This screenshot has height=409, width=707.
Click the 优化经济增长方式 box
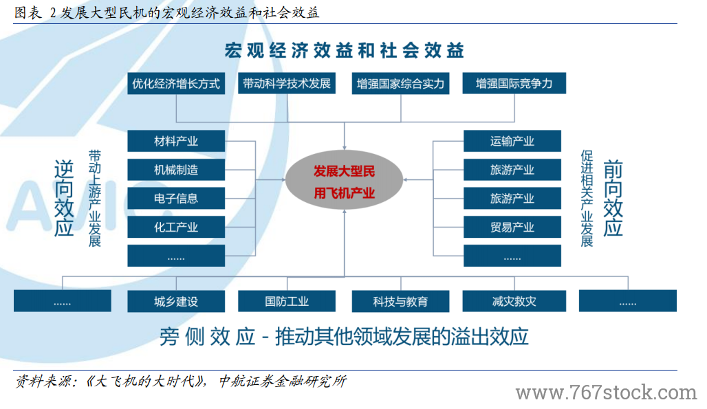tap(176, 83)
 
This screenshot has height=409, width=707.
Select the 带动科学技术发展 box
tap(287, 83)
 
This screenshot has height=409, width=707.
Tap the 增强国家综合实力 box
tap(400, 83)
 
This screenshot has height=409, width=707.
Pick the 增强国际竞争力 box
tap(514, 83)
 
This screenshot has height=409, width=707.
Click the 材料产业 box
tap(176, 141)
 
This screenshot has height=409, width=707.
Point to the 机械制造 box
tap(176, 170)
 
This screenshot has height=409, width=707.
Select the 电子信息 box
tap(176, 198)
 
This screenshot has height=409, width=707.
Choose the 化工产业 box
tap(176, 227)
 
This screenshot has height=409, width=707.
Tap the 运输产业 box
tap(512, 141)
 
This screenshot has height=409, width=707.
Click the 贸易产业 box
tap(512, 227)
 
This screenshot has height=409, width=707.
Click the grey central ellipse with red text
tap(345, 179)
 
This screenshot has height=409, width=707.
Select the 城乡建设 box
tap(176, 301)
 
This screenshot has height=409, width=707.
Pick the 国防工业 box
tap(287, 301)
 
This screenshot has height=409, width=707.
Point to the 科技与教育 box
tap(400, 301)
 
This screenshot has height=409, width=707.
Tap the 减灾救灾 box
tap(514, 301)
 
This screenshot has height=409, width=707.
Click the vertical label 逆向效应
tap(63, 198)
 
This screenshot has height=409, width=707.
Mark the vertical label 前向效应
tap(613, 198)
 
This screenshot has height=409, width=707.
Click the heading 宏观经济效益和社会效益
tap(345, 50)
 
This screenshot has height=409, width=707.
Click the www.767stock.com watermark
tap(607, 393)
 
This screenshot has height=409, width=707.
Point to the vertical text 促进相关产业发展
tap(587, 198)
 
